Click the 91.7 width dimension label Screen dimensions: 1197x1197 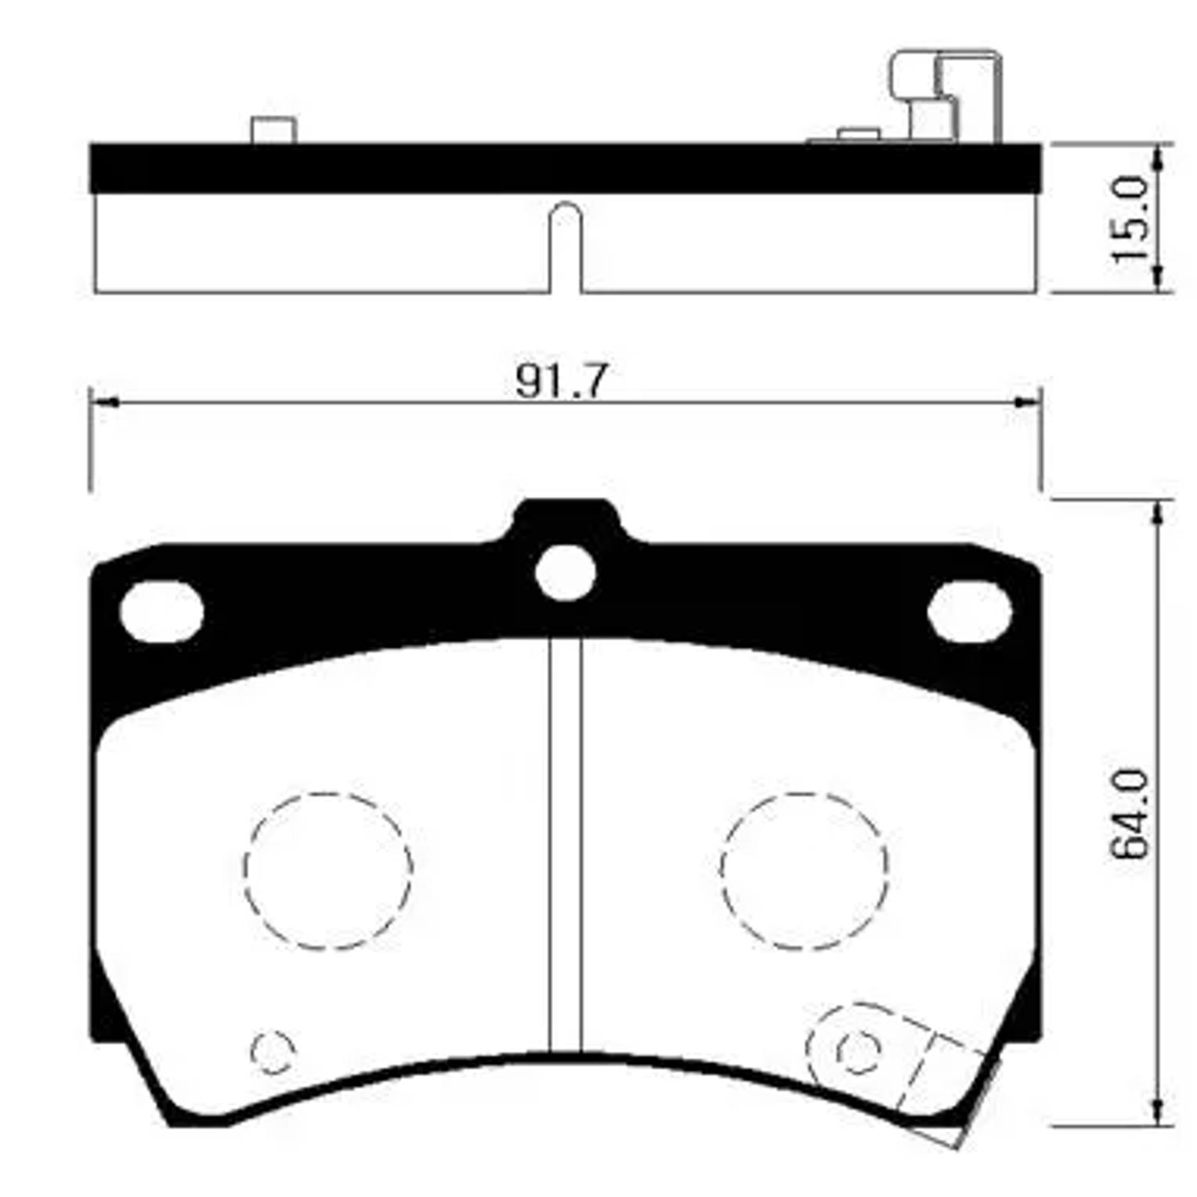pyautogui.click(x=561, y=382)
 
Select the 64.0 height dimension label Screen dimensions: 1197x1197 pyautogui.click(x=1130, y=815)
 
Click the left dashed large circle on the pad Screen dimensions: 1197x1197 pyautogui.click(x=327, y=870)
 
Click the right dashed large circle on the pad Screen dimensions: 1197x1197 pyautogui.click(x=805, y=870)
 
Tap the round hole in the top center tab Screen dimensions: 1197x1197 pyautogui.click(x=566, y=572)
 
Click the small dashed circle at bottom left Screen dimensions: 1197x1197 pyautogui.click(x=273, y=1050)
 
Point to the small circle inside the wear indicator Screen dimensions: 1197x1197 pyautogui.click(x=859, y=1050)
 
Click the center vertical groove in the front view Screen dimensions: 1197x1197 pyautogui.click(x=566, y=846)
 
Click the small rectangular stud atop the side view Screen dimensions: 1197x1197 pyautogui.click(x=273, y=130)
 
